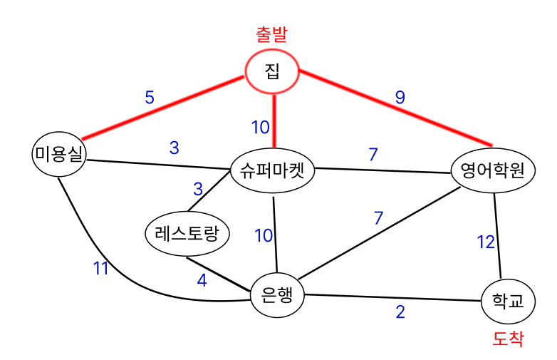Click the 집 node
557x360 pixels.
[x=271, y=71]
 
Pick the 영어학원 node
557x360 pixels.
[x=493, y=170]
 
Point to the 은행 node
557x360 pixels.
[x=277, y=293]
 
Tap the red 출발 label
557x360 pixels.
[x=275, y=34]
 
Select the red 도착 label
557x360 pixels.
[x=508, y=339]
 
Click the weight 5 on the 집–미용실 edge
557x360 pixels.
[x=149, y=98]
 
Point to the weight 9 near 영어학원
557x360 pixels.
[x=400, y=98]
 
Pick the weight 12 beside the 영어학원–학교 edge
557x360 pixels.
[x=485, y=242]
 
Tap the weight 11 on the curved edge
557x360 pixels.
[x=101, y=268]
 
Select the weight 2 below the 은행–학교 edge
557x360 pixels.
[x=400, y=312]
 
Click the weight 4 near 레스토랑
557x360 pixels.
[x=202, y=280]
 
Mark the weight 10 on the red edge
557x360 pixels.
[x=260, y=128]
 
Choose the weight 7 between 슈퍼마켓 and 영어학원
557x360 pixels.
[x=373, y=154]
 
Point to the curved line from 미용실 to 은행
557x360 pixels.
[x=128, y=274]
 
